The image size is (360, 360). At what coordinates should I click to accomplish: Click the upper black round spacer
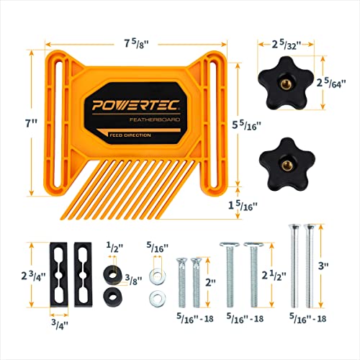coord(112,272)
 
